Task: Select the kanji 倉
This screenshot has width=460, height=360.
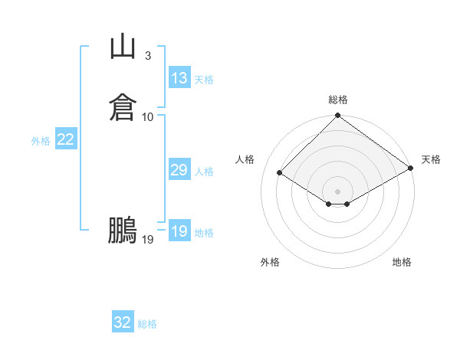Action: coord(123,106)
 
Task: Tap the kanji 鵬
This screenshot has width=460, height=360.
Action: coord(123,230)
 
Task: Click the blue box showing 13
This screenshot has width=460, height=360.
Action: coord(179,77)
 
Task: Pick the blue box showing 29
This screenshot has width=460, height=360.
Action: coord(179,170)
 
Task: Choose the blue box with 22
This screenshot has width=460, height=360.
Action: coord(66,139)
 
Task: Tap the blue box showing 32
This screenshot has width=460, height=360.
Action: coord(123,322)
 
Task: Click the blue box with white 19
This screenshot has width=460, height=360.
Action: coord(179,231)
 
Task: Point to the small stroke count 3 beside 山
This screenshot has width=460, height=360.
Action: coord(147,55)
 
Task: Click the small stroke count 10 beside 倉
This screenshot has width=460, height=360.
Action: coord(148,116)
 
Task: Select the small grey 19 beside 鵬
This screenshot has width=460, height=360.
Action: coord(148,240)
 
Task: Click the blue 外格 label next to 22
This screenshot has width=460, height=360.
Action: coord(41,141)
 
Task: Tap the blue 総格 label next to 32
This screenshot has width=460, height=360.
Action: coord(147,324)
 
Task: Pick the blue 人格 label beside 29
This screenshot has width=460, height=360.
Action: coord(205,172)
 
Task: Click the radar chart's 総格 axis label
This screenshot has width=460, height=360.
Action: coord(338,100)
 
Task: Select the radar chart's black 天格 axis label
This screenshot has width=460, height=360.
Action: coord(431,159)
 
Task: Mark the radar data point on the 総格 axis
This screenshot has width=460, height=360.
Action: coord(338,116)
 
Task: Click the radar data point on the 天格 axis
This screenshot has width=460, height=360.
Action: coord(411,168)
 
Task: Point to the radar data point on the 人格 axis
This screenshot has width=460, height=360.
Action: coord(281,173)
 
